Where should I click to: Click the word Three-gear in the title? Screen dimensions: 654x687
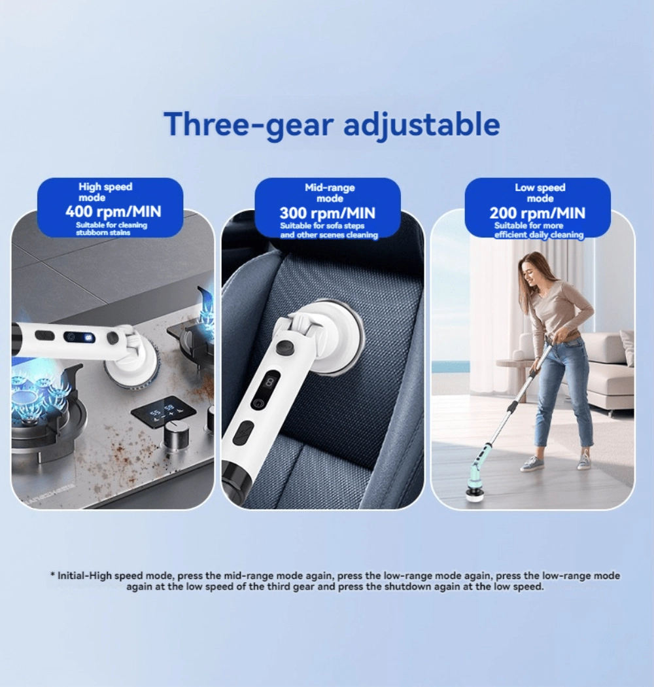pos(249,124)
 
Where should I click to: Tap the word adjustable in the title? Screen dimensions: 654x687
pos(421,125)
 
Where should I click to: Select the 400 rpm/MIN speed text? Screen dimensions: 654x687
pos(113,211)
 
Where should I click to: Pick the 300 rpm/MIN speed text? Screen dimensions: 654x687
pos(327,213)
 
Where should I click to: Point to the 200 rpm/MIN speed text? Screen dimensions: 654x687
pos(538,213)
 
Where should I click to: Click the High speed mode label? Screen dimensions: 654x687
pos(105,192)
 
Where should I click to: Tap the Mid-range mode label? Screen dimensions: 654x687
pos(330,193)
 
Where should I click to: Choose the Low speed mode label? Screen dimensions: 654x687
pos(540,193)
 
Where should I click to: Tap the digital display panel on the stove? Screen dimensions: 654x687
pos(164,413)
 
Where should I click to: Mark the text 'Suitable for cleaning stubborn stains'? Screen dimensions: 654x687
pos(111,229)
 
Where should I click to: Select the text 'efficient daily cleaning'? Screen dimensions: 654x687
pos(539,235)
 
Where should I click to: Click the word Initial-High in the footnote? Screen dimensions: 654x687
pos(84,576)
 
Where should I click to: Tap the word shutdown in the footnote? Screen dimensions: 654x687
pos(404,587)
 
